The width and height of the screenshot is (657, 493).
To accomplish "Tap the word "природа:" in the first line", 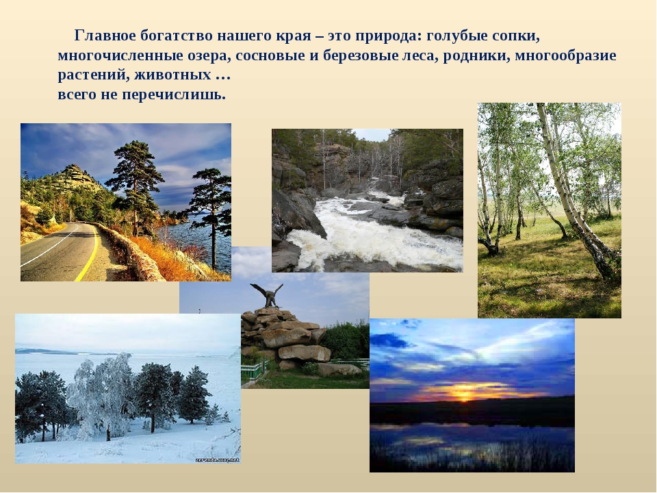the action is [389, 37].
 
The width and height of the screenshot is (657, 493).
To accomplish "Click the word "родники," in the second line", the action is [476, 56].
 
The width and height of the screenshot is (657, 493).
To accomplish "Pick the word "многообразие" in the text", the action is [566, 56].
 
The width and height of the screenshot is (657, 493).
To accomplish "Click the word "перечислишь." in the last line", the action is [173, 95].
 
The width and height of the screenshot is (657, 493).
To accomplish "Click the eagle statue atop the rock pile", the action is [267, 295].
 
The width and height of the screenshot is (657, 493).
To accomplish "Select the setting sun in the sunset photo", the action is [463, 395].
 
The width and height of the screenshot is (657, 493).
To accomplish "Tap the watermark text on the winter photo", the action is [218, 460].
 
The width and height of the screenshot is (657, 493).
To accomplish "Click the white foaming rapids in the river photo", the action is [369, 235].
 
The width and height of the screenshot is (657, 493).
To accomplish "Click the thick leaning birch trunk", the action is [574, 197].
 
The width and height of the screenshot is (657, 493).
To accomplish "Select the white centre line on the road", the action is [49, 247].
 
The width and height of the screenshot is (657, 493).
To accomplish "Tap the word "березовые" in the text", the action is [361, 56].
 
